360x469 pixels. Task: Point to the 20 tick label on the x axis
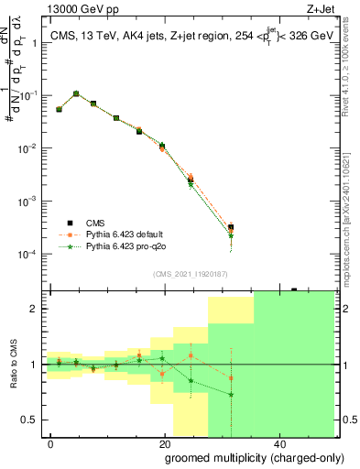[x=165, y=443]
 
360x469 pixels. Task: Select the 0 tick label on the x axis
[x=50, y=443]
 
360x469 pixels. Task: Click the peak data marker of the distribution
[x=76, y=93]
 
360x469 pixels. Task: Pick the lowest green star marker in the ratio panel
[x=231, y=395]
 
